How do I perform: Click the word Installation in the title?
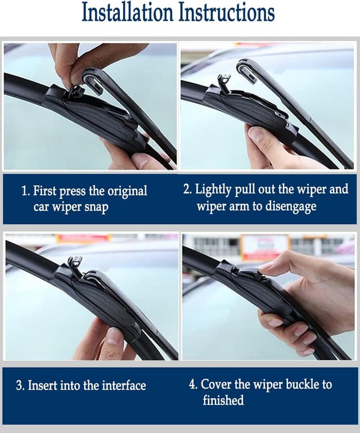pyautogui.click(x=127, y=12)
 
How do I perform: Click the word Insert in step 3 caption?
pyautogui.click(x=43, y=386)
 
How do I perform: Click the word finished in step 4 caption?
pyautogui.click(x=223, y=400)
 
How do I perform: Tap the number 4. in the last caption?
pyautogui.click(x=193, y=385)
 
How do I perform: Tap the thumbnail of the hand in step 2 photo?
pyautogui.click(x=256, y=135)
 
